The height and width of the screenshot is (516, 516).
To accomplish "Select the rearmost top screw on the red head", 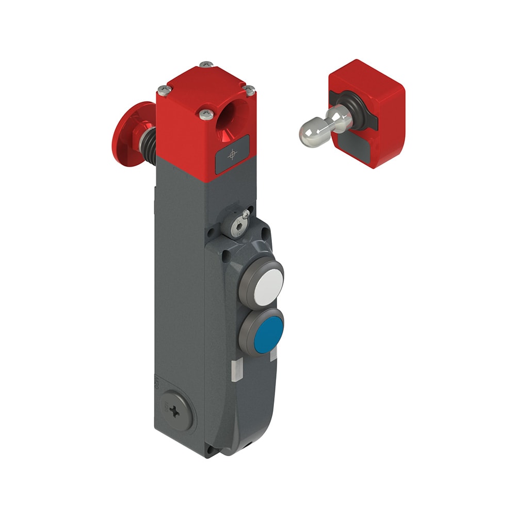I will click(206, 64).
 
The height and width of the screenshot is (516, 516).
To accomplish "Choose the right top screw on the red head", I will click(249, 90).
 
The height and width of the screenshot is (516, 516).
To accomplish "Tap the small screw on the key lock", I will click(246, 214).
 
